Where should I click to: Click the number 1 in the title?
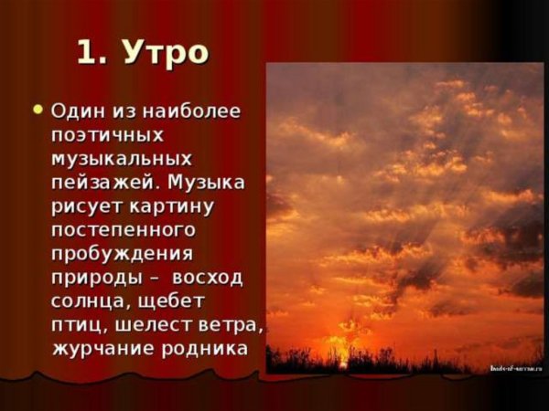[87, 51]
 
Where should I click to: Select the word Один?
[79, 111]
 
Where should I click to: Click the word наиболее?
[194, 111]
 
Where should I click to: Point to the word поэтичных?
[108, 135]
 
